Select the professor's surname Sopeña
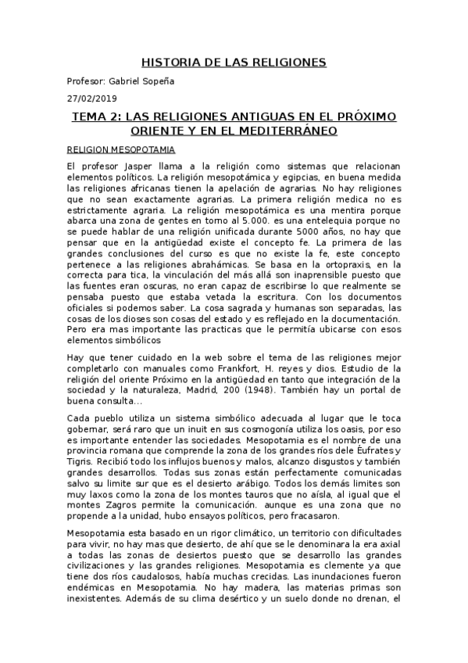click(180, 81)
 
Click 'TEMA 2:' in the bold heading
click(96, 116)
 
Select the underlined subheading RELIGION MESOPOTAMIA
click(120, 149)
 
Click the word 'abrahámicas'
click(223, 265)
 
